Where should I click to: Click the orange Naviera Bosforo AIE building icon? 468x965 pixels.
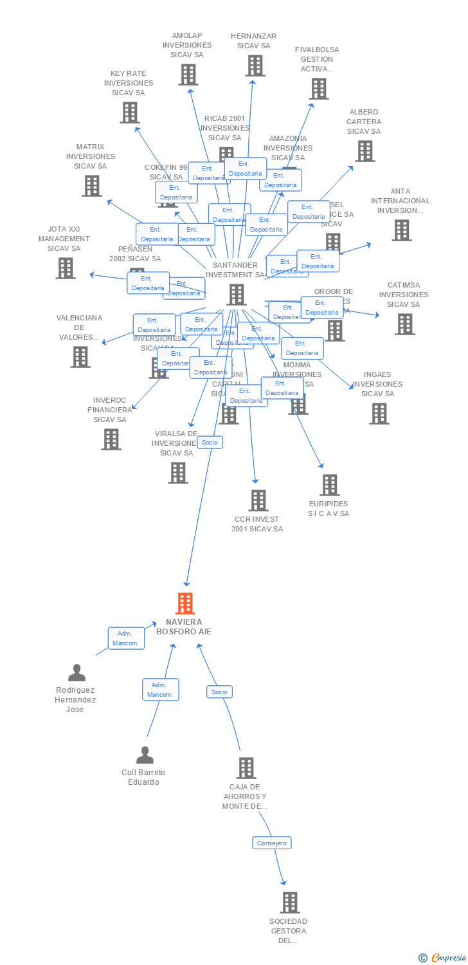[185, 603]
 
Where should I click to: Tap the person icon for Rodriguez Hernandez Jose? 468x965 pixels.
[76, 673]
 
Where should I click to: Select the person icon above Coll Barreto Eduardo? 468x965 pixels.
[145, 755]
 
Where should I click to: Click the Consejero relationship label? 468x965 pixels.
[271, 843]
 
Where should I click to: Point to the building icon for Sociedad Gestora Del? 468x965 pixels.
[290, 903]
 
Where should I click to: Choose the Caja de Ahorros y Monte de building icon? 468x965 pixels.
[246, 767]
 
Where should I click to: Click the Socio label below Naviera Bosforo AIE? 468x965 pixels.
[219, 692]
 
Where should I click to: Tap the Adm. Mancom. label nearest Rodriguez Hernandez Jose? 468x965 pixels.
[126, 638]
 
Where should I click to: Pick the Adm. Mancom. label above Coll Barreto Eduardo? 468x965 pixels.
[160, 690]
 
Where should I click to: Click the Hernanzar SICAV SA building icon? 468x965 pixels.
[255, 66]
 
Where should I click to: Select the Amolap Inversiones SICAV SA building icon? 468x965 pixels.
[188, 75]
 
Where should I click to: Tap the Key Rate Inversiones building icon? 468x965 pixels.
[130, 113]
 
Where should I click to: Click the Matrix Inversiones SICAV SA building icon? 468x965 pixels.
[92, 186]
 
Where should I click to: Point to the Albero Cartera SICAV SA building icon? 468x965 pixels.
[365, 151]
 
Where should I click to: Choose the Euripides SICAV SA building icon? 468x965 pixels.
[329, 485]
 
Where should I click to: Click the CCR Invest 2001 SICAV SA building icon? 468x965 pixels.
[258, 500]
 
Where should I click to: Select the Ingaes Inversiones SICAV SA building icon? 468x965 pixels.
[379, 414]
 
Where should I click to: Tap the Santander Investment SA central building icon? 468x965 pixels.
[237, 295]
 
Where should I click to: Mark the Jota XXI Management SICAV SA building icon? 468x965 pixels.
[66, 268]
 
